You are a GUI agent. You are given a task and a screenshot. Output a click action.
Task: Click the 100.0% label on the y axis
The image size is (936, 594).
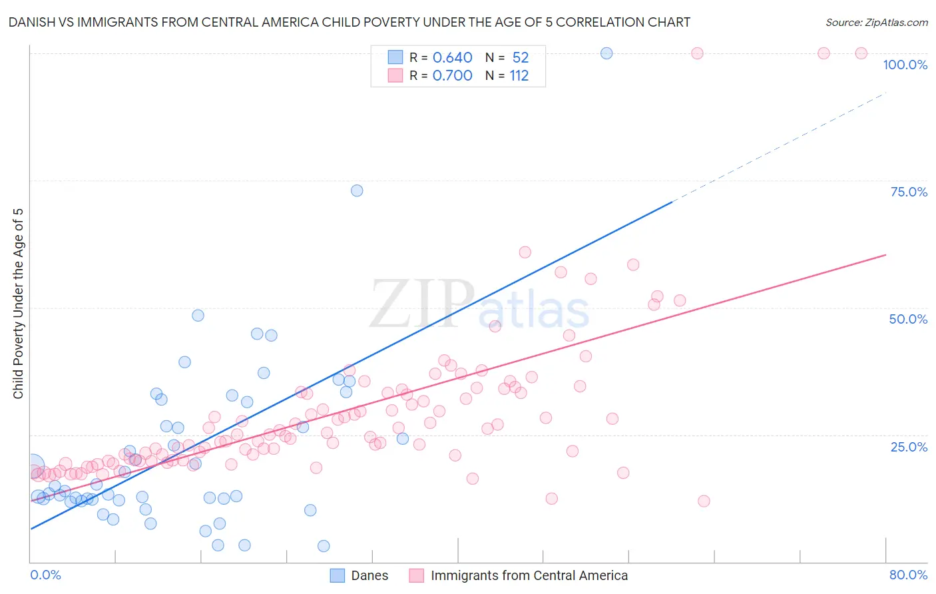coord(905,65)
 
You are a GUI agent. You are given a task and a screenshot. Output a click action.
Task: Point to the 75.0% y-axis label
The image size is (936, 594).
coord(909,192)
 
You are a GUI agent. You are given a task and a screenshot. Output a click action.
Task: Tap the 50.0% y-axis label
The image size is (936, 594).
coord(908,319)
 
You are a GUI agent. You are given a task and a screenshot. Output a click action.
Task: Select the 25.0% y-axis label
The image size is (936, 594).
coord(909,446)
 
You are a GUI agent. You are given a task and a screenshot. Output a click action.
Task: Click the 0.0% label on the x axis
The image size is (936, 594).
coord(45,575)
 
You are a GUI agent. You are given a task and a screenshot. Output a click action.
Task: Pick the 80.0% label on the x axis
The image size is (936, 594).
coord(908,575)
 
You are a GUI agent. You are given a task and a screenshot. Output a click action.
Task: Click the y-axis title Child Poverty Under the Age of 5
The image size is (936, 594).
coord(18,304)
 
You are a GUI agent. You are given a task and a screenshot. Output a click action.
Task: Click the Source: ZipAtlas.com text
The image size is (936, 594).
coord(876,23)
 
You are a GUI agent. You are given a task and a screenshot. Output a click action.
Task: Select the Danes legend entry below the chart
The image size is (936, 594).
coord(359,575)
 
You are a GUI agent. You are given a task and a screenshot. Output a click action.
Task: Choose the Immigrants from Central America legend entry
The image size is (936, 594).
coord(519,575)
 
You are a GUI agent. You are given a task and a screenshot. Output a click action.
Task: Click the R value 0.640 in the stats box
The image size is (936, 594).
coord(452,57)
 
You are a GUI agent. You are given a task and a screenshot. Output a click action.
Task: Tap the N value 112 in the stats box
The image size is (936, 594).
coord(519,75)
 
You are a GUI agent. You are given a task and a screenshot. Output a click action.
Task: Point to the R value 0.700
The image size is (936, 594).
coord(452,75)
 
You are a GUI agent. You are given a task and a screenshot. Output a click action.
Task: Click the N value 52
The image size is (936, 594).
coord(520,57)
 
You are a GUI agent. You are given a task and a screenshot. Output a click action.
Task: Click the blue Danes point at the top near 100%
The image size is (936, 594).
coord(606,53)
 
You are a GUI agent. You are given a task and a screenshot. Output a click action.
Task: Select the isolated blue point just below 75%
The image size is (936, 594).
coord(357,190)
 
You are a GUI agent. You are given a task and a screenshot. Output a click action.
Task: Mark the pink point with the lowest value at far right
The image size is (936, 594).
coord(704,501)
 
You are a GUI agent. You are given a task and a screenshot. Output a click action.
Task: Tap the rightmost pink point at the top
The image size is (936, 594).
coord(861,53)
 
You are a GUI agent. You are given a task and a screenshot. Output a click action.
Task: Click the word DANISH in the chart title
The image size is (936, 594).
coord(31,22)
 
